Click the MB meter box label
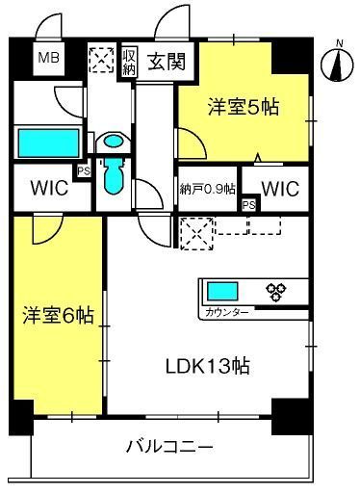[x=49, y=58]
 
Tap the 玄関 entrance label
[x=167, y=61]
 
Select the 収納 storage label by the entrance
[x=129, y=61]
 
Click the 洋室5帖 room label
[x=244, y=107]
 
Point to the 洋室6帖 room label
[x=58, y=315]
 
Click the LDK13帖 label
[x=208, y=366]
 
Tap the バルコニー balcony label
[x=169, y=447]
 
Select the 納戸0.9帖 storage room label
[x=208, y=189]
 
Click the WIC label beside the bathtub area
[x=49, y=188]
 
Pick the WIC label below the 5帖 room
[x=280, y=189]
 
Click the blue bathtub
[x=48, y=143]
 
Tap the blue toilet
[x=114, y=176]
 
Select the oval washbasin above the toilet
[x=114, y=142]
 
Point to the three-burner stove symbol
[x=276, y=292]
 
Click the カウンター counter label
[x=227, y=312]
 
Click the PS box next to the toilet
[x=84, y=171]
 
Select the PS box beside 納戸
[x=249, y=205]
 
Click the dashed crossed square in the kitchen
[x=196, y=233]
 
